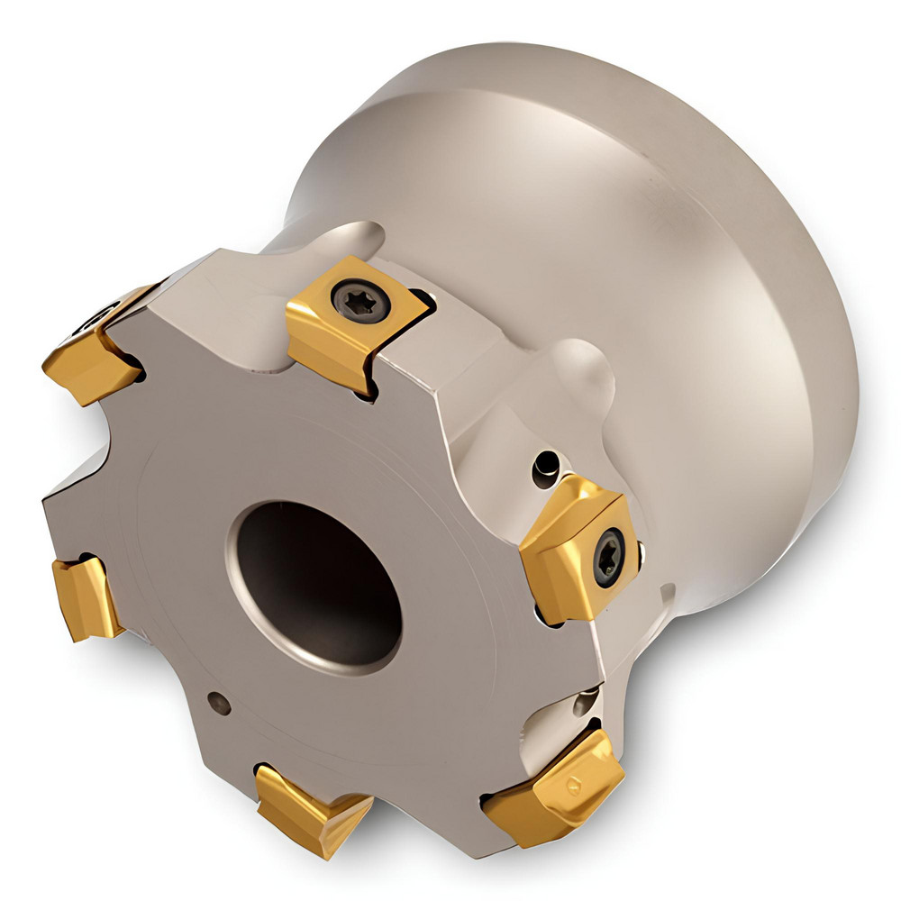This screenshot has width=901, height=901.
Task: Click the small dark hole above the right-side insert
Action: click(x=544, y=466)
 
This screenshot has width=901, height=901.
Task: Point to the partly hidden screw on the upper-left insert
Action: click(x=98, y=314)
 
